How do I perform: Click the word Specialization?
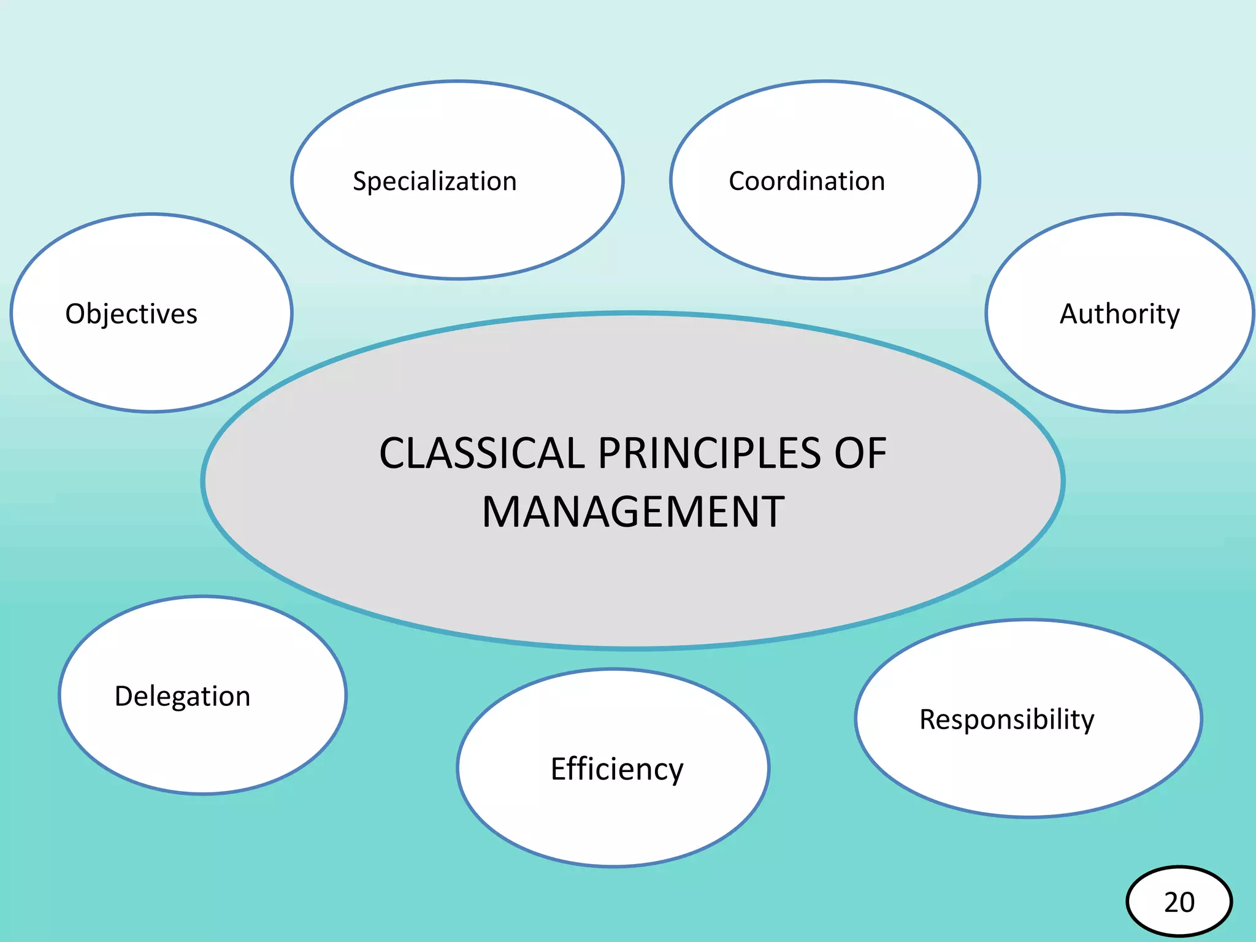coord(434,182)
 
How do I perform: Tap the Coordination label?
coord(806,182)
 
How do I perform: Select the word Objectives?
coord(131,314)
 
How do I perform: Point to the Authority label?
coord(1119,314)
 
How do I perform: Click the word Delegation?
coord(182,697)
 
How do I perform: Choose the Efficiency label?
coord(616,769)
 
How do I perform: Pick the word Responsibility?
coord(1006,719)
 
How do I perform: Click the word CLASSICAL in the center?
coord(482,454)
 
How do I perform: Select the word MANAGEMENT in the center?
coord(633,512)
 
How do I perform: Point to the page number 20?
coord(1179,902)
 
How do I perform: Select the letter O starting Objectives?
coord(75,314)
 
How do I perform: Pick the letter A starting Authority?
coord(1070,314)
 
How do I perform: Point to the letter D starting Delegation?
coord(124,697)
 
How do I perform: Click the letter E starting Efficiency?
coord(558,769)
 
